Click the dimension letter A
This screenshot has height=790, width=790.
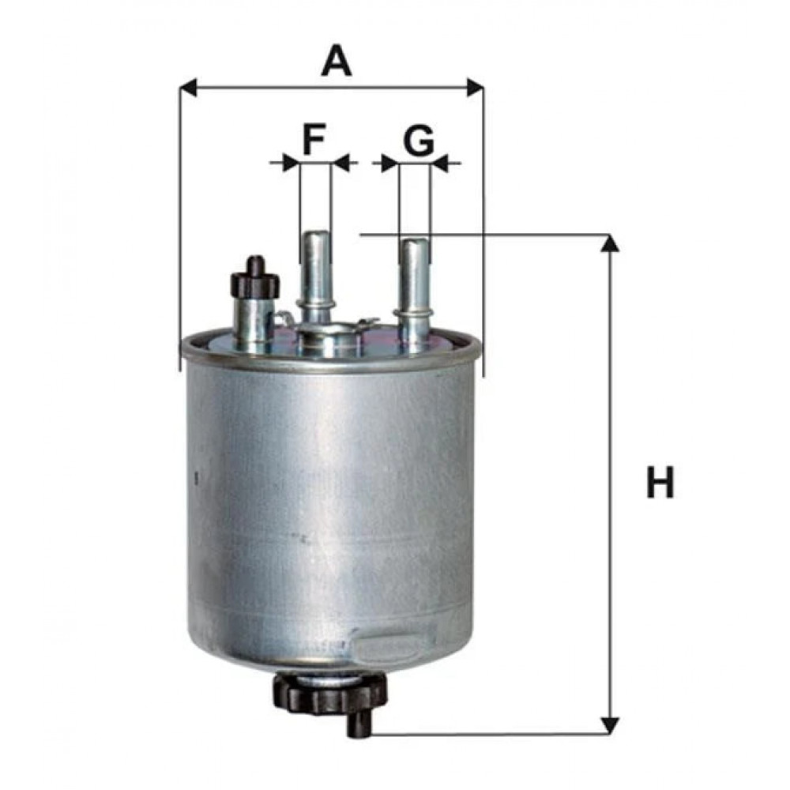337,61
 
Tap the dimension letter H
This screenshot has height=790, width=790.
660,482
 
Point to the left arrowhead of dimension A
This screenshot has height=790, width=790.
188,87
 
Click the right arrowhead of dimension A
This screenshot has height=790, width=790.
475,87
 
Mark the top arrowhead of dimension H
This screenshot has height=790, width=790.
611,243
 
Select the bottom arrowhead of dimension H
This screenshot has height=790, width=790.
611,725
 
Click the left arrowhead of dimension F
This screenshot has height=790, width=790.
292,163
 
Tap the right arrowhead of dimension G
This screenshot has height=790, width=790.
440,163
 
